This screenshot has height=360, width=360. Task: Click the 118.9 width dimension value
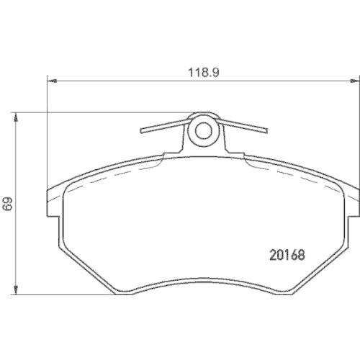pos(204,72)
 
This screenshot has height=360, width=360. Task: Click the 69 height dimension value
pos(7,204)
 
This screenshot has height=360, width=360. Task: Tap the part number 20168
pos(287,255)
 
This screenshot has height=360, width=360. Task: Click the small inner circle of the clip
pos(204,131)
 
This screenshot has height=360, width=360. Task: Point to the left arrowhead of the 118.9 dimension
pos(53,81)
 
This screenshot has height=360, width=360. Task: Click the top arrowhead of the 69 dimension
pos(16,117)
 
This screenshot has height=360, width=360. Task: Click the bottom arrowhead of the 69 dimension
pos(16,290)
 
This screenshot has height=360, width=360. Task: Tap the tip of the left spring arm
pos(141,131)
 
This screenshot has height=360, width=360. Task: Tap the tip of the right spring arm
pos(266,130)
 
